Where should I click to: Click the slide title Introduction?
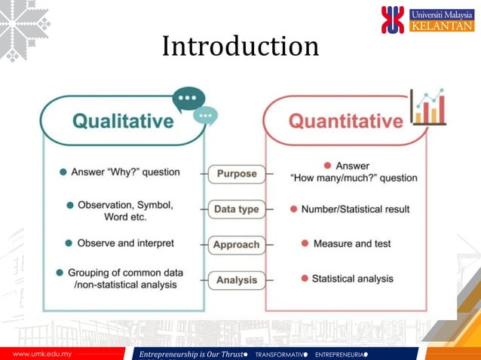point(240,47)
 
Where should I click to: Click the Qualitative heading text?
point(123,121)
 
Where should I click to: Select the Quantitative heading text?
point(346,121)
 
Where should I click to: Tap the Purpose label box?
point(237,174)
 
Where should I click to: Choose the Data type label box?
point(237,209)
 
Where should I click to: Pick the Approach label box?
point(237,245)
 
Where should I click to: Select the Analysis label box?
point(237,280)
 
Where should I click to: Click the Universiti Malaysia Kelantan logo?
point(427,20)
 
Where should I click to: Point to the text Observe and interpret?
point(125,243)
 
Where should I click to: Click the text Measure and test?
point(353,244)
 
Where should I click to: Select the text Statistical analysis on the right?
point(352,279)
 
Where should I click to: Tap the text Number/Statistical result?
point(355,209)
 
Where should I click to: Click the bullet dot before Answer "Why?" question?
point(63,172)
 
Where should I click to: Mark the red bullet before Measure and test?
point(305,243)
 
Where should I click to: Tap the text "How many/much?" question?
point(354,178)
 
